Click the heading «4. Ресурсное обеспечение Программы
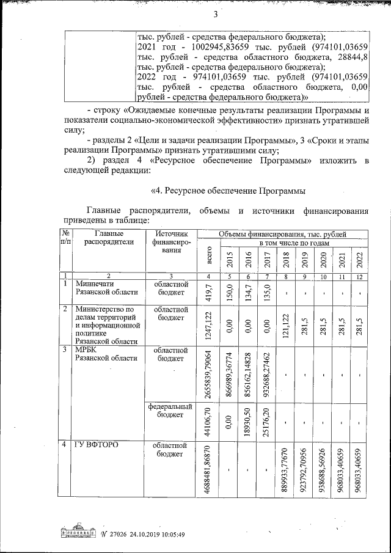pos(228,191)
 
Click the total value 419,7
pos(210,293)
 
